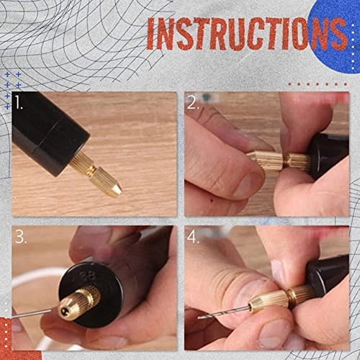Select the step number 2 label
[193, 103]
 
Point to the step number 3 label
[20, 237]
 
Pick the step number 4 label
[193, 237]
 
